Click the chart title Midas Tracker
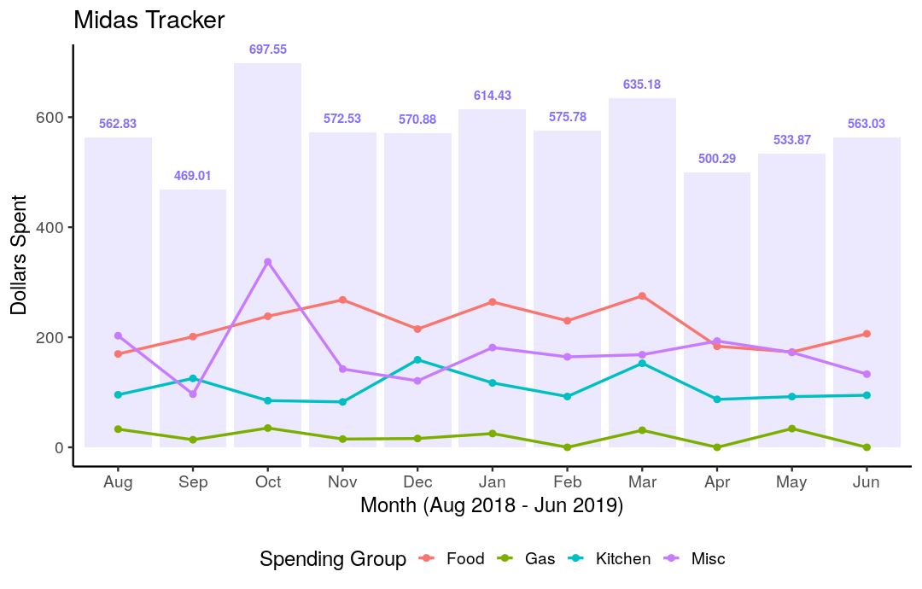(x=149, y=20)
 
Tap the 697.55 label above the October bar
(x=268, y=50)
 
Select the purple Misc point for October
(x=268, y=262)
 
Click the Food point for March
(x=642, y=296)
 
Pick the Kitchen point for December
(x=417, y=359)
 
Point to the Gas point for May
(x=792, y=429)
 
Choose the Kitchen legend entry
(x=622, y=559)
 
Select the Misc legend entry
(x=708, y=559)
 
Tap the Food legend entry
(x=464, y=559)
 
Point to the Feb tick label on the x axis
(x=567, y=482)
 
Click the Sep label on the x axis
(x=193, y=482)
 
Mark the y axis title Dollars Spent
(x=19, y=254)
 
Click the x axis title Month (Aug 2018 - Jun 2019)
(x=492, y=506)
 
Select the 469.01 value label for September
(x=193, y=176)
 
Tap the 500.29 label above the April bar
(x=717, y=159)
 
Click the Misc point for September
(x=193, y=394)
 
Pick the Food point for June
(x=867, y=334)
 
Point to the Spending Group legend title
(x=333, y=560)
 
